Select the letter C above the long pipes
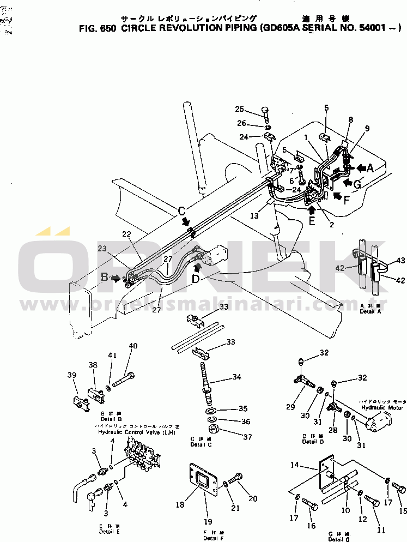click(x=183, y=210)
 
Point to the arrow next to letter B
click(x=116, y=278)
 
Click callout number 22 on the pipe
click(x=126, y=234)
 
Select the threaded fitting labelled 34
click(x=206, y=377)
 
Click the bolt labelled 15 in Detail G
click(x=399, y=489)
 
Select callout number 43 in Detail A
click(x=401, y=261)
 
